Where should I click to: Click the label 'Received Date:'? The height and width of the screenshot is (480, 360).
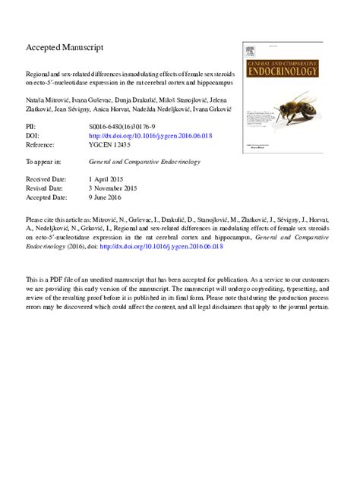[47, 178]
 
